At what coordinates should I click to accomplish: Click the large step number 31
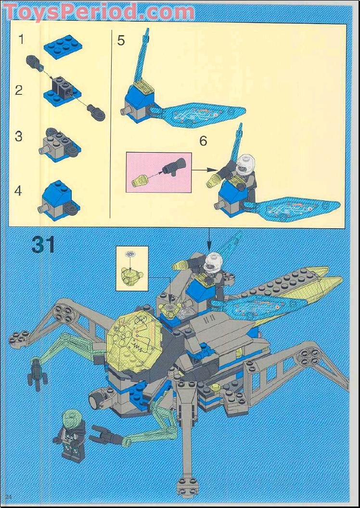click(x=43, y=245)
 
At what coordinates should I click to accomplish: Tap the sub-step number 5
click(x=121, y=41)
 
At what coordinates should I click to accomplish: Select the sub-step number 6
click(x=203, y=141)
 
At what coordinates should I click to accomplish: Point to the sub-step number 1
click(x=21, y=39)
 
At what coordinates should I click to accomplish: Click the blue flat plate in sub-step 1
click(x=63, y=47)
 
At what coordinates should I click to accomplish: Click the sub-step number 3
click(x=19, y=136)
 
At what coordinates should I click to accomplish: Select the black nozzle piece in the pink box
click(x=174, y=167)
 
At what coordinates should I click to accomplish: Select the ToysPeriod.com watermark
click(x=99, y=13)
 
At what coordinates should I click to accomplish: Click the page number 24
click(x=9, y=496)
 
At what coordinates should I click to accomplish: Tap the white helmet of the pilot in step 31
click(x=213, y=262)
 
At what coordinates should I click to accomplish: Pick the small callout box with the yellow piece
click(x=132, y=268)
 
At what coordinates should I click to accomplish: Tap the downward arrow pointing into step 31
click(x=208, y=239)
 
